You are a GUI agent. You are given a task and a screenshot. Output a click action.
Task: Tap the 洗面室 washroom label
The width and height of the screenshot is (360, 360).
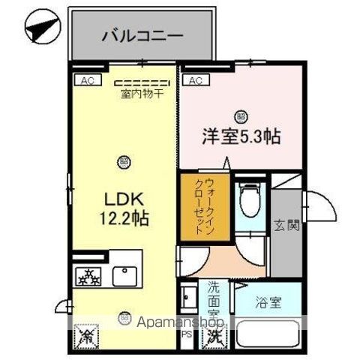pos(214,297)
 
